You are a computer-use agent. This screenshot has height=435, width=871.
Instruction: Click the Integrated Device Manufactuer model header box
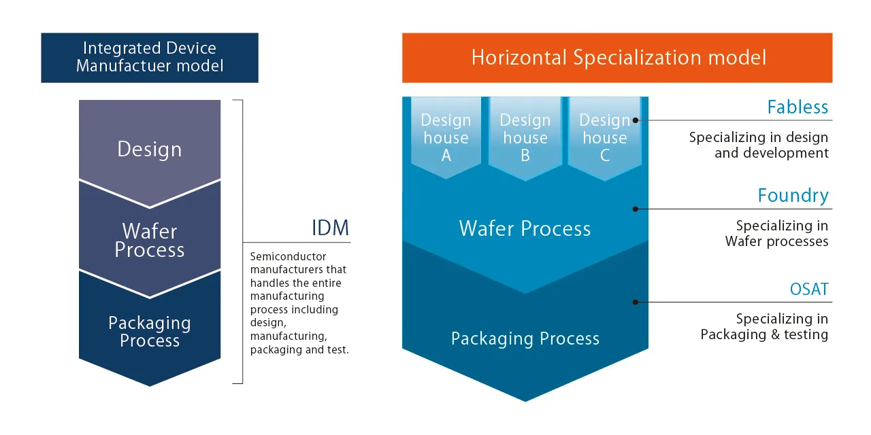tap(150, 58)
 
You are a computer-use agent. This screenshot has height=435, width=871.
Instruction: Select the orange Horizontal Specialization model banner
tap(617, 58)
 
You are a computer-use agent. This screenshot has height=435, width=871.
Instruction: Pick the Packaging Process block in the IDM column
tap(150, 332)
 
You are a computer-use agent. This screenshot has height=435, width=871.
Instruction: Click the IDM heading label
tap(330, 228)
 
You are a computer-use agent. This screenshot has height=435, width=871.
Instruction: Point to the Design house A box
tap(446, 138)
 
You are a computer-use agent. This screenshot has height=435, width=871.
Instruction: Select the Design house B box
tap(525, 138)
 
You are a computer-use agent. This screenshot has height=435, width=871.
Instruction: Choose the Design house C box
tap(604, 138)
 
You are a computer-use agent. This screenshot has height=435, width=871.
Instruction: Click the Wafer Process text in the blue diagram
tap(525, 228)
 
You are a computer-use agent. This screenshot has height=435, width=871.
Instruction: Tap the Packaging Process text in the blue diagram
tap(525, 338)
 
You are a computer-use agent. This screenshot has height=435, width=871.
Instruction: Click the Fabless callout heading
tap(798, 107)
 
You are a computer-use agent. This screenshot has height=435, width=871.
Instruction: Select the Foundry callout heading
tap(793, 196)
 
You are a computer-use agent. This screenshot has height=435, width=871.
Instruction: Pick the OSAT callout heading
tap(809, 290)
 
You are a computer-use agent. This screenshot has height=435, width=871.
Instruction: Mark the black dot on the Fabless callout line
tap(636, 120)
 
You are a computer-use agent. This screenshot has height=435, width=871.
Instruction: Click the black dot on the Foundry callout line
tap(636, 209)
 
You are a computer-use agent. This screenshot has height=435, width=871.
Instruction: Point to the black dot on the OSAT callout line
tap(636, 302)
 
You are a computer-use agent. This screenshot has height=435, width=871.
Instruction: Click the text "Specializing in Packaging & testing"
tap(765, 326)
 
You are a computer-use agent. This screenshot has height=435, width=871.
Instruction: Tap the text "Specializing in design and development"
tap(759, 145)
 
